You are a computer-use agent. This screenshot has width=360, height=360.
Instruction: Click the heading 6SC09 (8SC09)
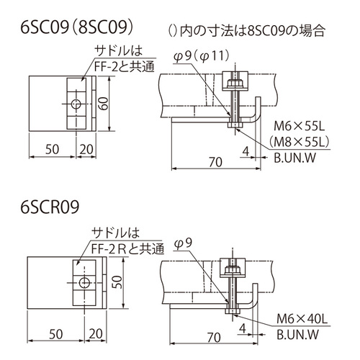tap(77, 28)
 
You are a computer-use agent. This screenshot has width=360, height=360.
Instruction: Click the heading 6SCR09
tap(50, 207)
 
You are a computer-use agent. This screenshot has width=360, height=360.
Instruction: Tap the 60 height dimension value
tap(104, 104)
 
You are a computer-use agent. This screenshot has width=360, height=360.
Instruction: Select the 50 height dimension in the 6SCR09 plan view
tap(117, 282)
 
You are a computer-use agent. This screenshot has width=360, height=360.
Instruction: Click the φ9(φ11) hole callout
tap(202, 57)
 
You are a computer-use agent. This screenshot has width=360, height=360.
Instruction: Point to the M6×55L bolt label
tap(299, 126)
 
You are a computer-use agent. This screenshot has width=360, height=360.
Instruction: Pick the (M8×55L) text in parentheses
tap(299, 142)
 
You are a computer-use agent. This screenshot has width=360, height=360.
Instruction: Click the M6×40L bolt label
tap(302, 319)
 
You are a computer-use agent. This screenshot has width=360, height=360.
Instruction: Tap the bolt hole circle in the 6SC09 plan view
tap(76, 104)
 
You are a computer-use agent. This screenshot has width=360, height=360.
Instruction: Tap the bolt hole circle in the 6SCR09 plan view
tap(84, 282)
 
